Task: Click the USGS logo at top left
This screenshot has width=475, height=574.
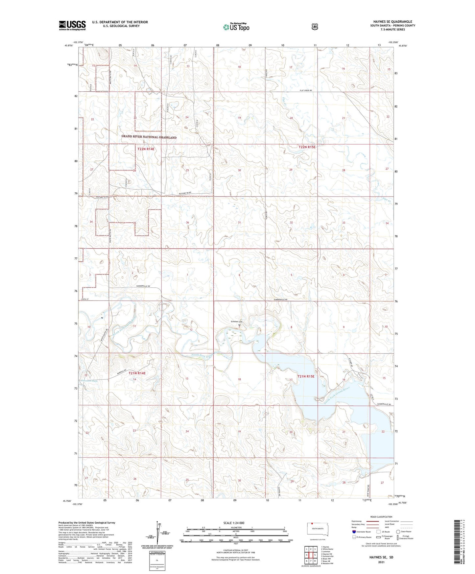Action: pos(72,25)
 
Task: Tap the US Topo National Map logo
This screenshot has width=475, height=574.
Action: pos(236,27)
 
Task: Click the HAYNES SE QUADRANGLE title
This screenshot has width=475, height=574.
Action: pos(392,22)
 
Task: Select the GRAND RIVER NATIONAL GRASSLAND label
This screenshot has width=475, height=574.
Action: pos(149,137)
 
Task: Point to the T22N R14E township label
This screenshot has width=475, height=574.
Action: pos(146,149)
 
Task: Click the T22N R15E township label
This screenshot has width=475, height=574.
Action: pos(307,147)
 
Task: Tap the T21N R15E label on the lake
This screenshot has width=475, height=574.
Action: pos(306,376)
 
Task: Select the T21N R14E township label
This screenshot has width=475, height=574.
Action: pos(137,373)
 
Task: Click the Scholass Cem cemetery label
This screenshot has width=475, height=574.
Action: pos(236,322)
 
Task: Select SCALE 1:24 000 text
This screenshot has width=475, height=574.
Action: pos(234,523)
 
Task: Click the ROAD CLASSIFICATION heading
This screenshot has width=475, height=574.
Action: pos(381,517)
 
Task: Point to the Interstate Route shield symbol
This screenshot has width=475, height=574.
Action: pos(354,532)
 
